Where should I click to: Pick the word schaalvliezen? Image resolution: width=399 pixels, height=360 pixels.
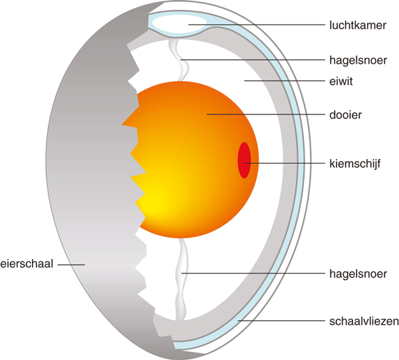tap(364, 321)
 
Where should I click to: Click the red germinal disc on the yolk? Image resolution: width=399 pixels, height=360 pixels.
tap(245, 160)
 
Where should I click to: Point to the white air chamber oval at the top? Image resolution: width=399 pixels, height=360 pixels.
tap(178, 23)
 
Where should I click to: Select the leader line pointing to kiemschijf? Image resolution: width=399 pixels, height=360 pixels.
tap(286, 162)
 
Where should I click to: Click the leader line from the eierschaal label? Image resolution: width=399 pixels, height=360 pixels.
tap(70, 264)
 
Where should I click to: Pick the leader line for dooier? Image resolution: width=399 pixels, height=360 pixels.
tap(266, 114)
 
